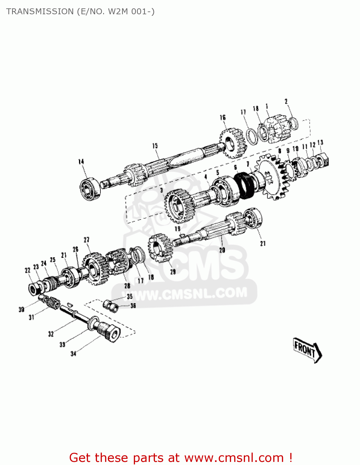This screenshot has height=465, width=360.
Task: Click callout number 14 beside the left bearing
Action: click(81, 162)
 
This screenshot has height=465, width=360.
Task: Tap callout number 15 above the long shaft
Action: click(155, 146)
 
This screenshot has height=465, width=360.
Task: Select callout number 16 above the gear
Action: click(223, 117)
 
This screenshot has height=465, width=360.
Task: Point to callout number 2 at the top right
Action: click(286, 102)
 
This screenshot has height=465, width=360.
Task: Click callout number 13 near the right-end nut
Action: click(320, 142)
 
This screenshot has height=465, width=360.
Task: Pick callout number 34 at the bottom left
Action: click(73, 353)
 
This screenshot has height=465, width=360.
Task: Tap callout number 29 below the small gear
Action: click(173, 272)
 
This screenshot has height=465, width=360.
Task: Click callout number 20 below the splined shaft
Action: click(222, 250)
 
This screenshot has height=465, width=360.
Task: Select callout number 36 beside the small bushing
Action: click(133, 306)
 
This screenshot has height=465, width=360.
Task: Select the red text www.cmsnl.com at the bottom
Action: click(234, 458)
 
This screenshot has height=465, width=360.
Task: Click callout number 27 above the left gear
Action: click(86, 240)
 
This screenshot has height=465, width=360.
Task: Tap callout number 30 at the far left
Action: click(21, 309)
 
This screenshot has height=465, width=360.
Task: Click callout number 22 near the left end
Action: click(28, 270)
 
